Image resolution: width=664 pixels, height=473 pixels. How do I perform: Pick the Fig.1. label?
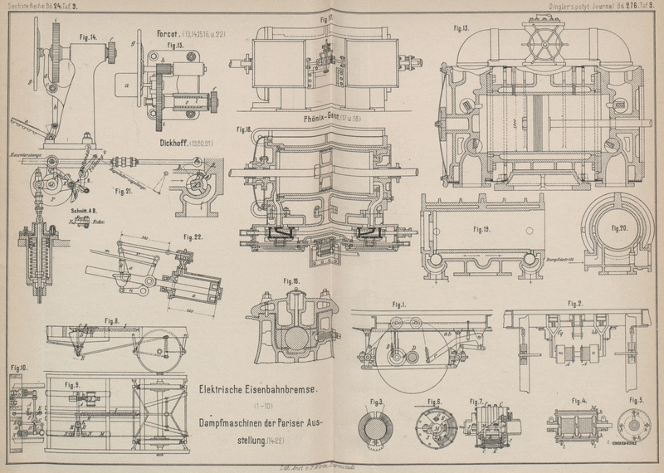pos(405,305)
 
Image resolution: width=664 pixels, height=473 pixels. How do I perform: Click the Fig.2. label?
pos(576,303)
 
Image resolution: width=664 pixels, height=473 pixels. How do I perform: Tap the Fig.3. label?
pos(377,402)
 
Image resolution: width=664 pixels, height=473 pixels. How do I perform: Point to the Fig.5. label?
pos(636,402)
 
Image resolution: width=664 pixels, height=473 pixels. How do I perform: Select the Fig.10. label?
pos(18,366)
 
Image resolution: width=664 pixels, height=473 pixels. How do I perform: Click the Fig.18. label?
pos(243,129)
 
